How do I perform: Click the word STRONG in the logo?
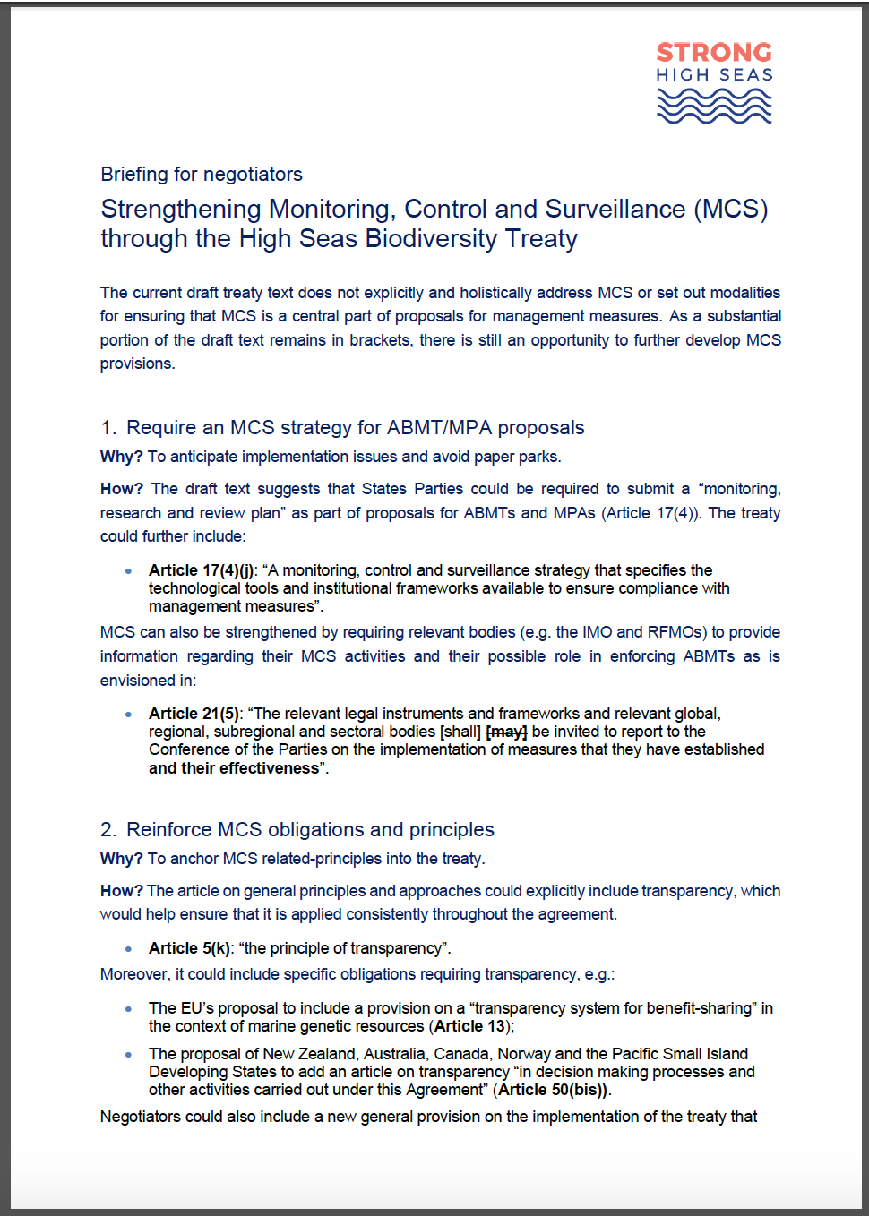coord(714,53)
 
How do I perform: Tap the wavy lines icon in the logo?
coord(714,107)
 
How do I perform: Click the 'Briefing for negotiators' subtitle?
coord(202,175)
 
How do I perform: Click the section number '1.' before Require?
coord(108,428)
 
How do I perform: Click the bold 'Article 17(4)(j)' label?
coord(202,570)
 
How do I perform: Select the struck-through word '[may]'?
coord(506,732)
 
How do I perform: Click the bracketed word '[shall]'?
coord(460,732)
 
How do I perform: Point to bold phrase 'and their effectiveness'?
coord(234,768)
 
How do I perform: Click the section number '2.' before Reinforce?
coord(108,830)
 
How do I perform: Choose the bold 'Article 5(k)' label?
coord(189,948)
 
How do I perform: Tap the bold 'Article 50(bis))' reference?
coord(553,1090)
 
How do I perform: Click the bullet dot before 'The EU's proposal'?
coord(129,1008)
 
